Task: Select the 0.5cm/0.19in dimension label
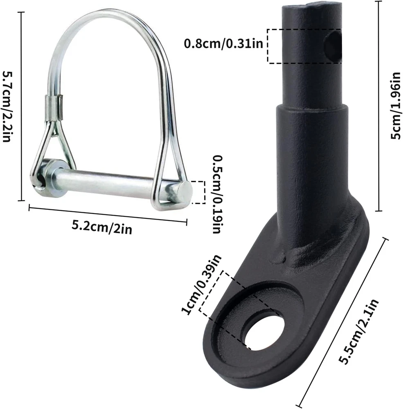point(217,194)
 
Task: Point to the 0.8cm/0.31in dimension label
point(223,43)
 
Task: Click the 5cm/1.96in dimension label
point(395,106)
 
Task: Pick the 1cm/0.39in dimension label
point(201,285)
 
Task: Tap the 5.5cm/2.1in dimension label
point(359,331)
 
